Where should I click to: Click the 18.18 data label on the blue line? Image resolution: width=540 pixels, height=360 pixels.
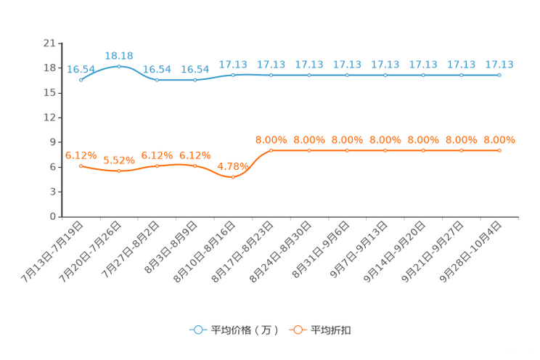[119, 56]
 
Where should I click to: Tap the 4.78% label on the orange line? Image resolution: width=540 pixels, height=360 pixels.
[233, 167]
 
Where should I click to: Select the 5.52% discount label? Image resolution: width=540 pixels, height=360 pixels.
[119, 160]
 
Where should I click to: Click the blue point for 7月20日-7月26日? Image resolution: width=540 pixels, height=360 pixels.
[119, 67]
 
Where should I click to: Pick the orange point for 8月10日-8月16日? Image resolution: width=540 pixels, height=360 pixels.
[233, 177]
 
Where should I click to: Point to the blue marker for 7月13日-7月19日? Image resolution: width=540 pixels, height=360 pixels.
[81, 80]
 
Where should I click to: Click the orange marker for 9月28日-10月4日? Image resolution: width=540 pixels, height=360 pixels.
[499, 150]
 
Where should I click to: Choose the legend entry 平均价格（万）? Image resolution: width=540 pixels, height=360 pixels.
[234, 330]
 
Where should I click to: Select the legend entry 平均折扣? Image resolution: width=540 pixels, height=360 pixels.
[320, 330]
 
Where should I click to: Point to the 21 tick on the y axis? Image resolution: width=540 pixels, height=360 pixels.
[49, 43]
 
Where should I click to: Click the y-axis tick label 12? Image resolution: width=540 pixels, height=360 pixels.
[49, 118]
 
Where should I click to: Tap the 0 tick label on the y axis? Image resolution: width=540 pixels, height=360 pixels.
[53, 217]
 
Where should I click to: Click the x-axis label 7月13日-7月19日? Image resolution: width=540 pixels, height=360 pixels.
[52, 252]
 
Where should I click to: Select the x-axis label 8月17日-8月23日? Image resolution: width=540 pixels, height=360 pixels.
[243, 252]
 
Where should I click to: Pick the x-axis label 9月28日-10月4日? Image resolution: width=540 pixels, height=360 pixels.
[471, 252]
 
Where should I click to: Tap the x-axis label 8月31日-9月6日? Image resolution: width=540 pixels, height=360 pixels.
[321, 250]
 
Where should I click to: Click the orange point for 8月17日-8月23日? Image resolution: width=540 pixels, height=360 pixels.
[271, 150]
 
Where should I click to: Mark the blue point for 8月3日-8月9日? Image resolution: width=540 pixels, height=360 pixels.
[195, 80]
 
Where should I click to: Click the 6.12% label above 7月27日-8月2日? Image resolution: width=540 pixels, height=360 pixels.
[157, 156]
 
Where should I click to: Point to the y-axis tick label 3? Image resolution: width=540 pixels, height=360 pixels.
[53, 192]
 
